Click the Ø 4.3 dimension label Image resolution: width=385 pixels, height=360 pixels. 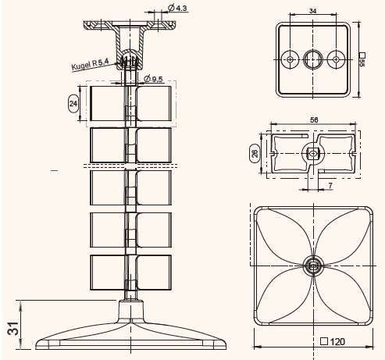pos(177,9)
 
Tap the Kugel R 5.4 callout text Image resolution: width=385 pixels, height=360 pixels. pos(90,64)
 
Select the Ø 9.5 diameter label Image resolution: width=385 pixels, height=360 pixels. pos(154,78)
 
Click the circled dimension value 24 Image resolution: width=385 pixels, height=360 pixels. pos(73,104)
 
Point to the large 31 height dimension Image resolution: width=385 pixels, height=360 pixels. pos(12,328)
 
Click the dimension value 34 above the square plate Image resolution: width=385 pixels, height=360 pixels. pos(313,11)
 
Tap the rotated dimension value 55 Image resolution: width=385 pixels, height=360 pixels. pos(362,62)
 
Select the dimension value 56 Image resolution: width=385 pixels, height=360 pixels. pos(314,119)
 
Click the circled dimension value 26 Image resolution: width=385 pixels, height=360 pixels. pos(255,153)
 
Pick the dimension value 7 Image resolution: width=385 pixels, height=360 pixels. pos(330,186)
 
